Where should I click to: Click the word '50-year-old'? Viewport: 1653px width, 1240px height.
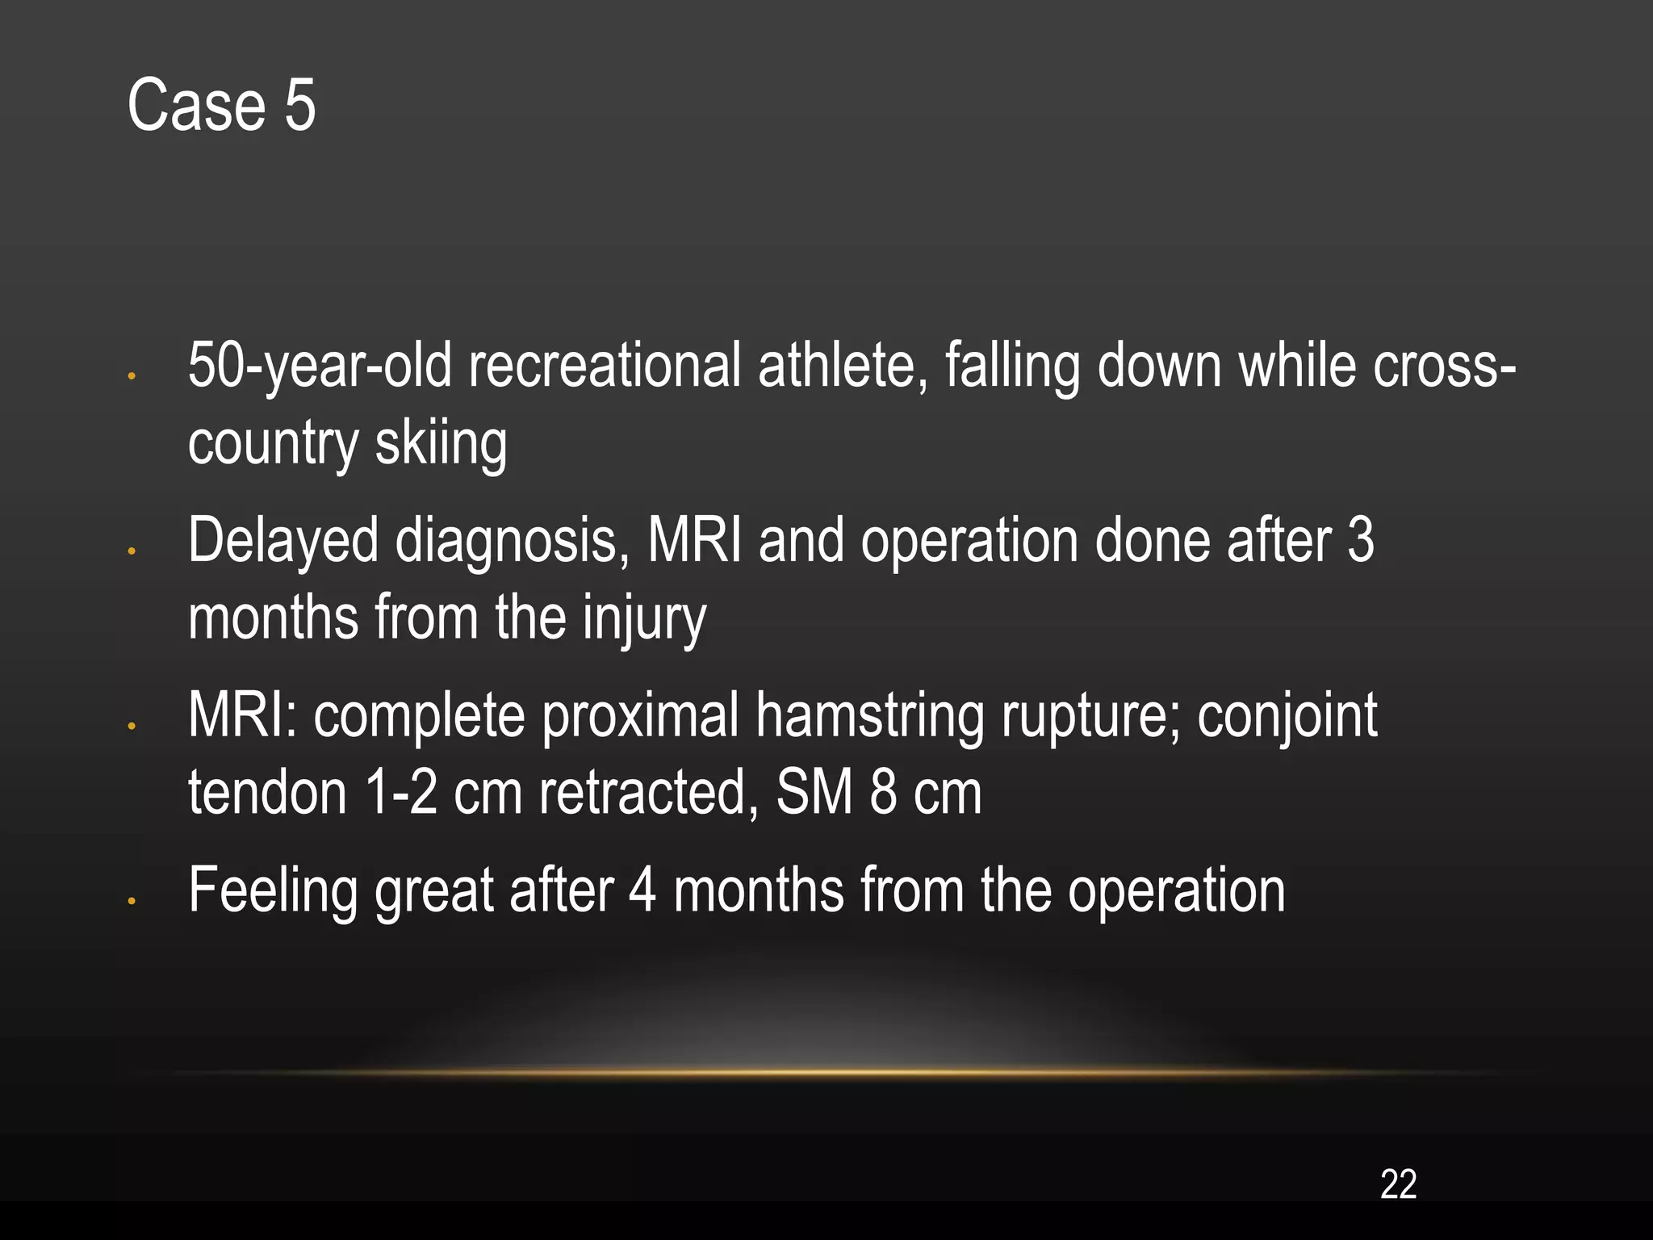320,366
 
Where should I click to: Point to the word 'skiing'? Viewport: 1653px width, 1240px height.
441,443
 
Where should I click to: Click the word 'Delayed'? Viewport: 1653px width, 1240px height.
282,540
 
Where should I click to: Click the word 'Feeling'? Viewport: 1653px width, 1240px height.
273,890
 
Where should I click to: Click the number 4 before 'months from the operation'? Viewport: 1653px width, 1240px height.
642,890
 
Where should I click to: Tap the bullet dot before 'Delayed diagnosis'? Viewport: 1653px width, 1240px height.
132,552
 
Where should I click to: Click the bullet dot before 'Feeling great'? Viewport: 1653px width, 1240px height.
132,902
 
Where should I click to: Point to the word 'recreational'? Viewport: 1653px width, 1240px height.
605,366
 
